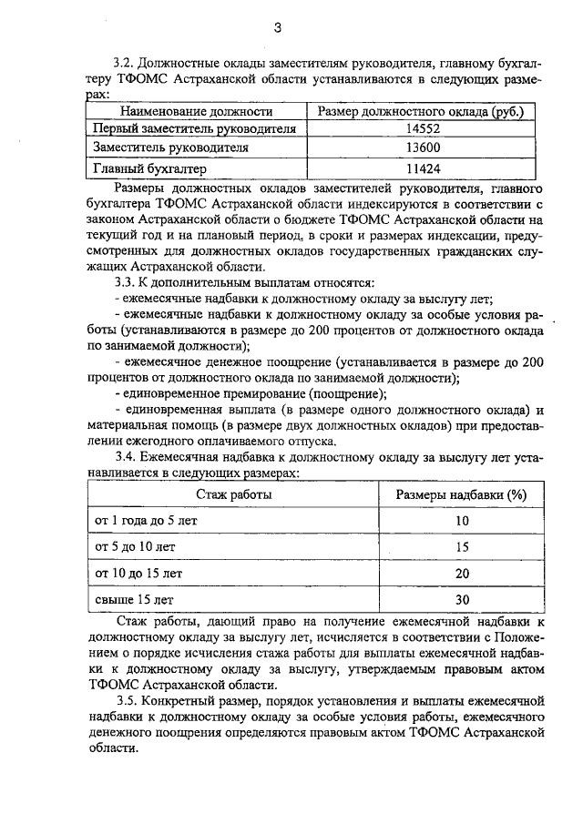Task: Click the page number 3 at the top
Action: tap(277, 28)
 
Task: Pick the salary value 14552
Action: tap(419, 130)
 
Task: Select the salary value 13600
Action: tap(419, 149)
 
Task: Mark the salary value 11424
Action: tap(419, 168)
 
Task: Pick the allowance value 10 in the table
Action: tap(462, 520)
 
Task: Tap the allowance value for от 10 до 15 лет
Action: tap(462, 574)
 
